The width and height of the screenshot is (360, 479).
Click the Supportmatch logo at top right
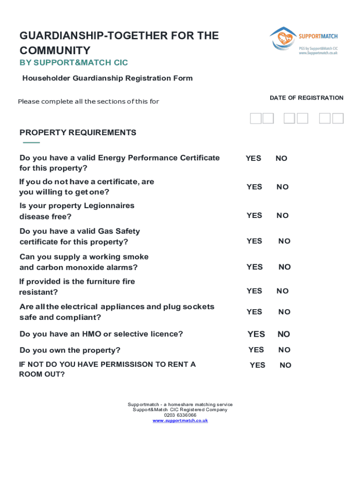click(x=303, y=41)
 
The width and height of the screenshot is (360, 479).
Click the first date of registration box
click(x=255, y=118)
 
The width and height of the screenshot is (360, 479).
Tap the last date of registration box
click(x=338, y=118)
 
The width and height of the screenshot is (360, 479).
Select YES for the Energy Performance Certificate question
click(x=253, y=159)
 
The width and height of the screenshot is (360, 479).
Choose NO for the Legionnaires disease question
click(x=282, y=216)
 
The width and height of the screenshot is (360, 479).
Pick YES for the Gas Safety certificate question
click(x=254, y=241)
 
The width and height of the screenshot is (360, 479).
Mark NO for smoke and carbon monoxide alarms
click(x=284, y=267)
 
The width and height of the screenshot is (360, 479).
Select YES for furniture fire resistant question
click(x=254, y=291)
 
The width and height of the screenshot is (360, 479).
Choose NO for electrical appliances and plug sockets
click(x=284, y=312)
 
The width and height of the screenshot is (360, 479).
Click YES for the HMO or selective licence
click(x=256, y=334)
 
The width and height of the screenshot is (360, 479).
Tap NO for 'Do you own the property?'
click(x=284, y=350)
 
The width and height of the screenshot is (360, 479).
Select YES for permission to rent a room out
click(x=257, y=365)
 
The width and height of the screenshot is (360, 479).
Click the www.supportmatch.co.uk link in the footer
click(x=180, y=421)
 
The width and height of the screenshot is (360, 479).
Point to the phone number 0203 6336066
click(x=180, y=415)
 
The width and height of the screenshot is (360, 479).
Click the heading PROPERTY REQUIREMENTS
click(x=78, y=133)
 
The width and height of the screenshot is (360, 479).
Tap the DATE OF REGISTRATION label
click(x=306, y=98)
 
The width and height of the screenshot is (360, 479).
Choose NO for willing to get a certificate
click(x=282, y=187)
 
